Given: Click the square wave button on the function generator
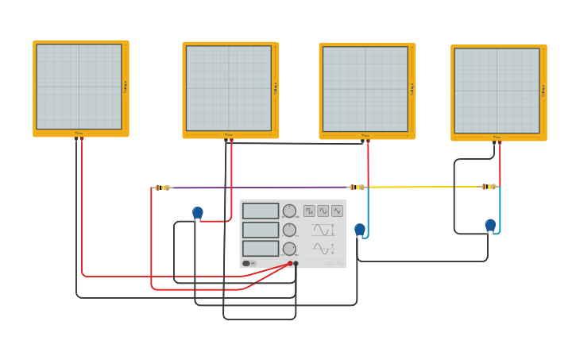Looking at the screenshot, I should (309, 211).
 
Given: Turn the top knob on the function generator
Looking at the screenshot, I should (289, 211).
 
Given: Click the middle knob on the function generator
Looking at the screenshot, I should (289, 230).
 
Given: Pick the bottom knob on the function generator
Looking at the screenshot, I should (289, 249).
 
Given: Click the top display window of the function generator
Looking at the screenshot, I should (261, 211).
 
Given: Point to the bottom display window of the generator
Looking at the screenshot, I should (261, 248).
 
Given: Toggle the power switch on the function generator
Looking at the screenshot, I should (247, 263).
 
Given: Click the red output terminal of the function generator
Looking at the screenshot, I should (290, 263).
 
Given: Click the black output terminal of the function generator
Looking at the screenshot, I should (296, 263).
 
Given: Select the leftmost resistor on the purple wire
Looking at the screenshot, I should (162, 188).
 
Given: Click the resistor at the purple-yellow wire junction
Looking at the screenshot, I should (357, 188).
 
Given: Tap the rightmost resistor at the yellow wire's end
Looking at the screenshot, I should (489, 187).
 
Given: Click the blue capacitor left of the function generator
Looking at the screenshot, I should (198, 213).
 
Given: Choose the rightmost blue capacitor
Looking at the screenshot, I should (490, 225).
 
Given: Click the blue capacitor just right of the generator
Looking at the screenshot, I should (360, 230).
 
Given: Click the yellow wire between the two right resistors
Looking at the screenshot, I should (421, 187).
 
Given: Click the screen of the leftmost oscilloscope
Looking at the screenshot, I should (79, 87).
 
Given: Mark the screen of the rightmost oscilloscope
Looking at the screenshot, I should (497, 90).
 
